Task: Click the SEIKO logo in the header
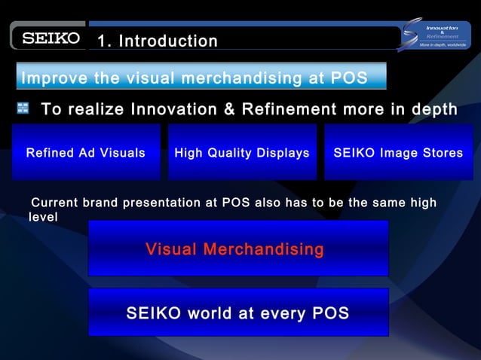coord(51,38)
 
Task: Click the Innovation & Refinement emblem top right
coord(435,35)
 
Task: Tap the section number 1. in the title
coord(106,41)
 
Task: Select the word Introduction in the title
coord(168,41)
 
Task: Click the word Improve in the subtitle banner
coord(53,78)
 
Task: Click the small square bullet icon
coord(23,109)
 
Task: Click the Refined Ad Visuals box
coord(86,153)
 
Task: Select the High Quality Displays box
coord(242,153)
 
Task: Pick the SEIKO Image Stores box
coord(399,153)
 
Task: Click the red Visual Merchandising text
coord(234,249)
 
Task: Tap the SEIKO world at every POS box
coord(238,313)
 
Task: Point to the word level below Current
coord(43,217)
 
